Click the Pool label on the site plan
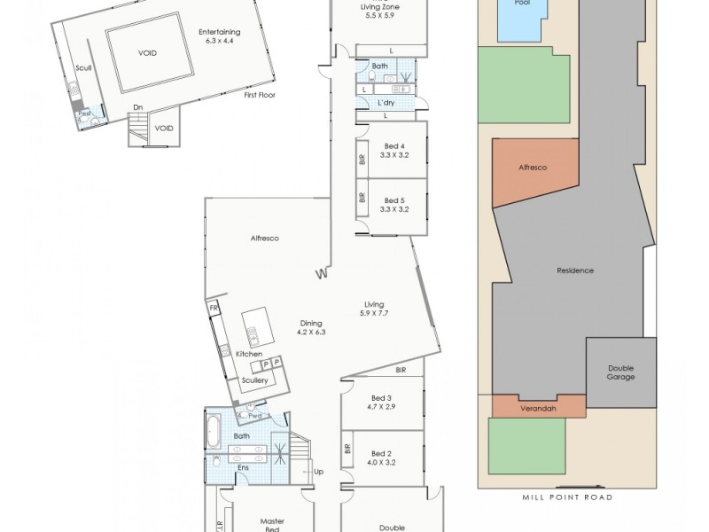point(522,4)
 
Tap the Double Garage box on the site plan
point(620,372)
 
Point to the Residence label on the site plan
point(574,270)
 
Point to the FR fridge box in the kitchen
point(213,308)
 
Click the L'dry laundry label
point(386,103)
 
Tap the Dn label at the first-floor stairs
point(138,108)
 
